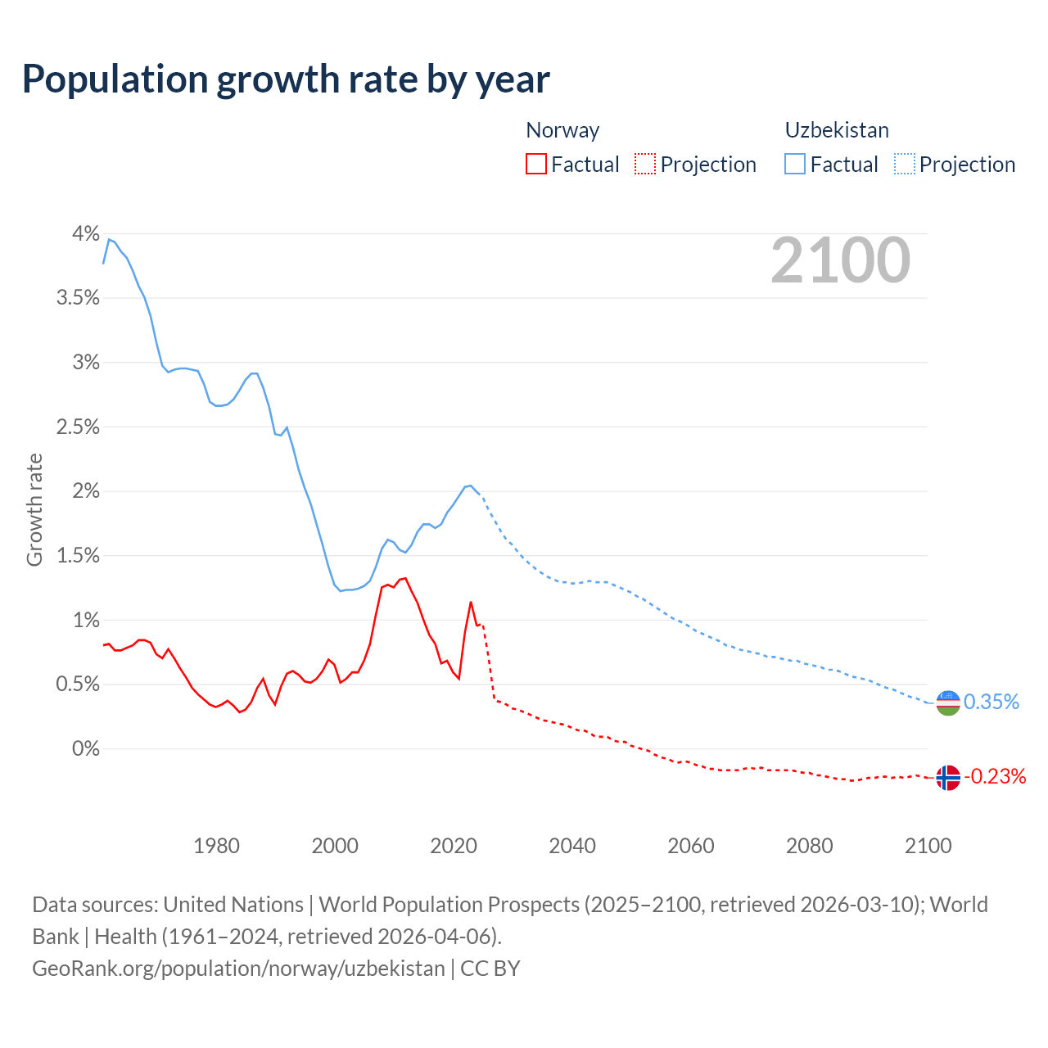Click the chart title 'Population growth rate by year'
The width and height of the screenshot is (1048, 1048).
coord(286,79)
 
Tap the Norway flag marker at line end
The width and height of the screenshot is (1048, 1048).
coord(947,777)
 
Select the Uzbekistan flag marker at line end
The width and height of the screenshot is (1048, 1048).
coord(947,702)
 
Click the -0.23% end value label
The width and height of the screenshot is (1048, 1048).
coord(996,776)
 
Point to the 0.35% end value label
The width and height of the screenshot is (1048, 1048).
coord(992,702)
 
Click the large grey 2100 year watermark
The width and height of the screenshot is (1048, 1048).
coord(840,260)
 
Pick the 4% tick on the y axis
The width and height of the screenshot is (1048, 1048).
coord(85,233)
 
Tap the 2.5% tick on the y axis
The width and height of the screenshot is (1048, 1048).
coord(78,427)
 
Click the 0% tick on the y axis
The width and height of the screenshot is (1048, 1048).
coord(85,748)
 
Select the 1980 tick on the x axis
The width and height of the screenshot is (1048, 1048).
coord(216,846)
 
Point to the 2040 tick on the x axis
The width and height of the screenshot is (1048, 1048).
coord(572,846)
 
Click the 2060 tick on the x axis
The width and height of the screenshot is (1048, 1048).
coord(691,846)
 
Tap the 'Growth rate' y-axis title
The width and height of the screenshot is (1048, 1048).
coord(34,509)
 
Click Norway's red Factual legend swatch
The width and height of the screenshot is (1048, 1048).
coord(536,164)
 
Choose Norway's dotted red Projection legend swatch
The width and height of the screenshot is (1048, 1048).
coord(645,164)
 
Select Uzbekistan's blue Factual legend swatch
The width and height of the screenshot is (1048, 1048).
coord(795,164)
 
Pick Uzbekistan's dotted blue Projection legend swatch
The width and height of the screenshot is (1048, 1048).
coord(905,164)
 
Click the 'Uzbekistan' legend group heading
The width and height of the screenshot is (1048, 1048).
coord(837,130)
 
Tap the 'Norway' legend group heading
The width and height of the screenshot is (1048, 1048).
coord(562,130)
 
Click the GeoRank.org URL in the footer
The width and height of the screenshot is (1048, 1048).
coord(238,968)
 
